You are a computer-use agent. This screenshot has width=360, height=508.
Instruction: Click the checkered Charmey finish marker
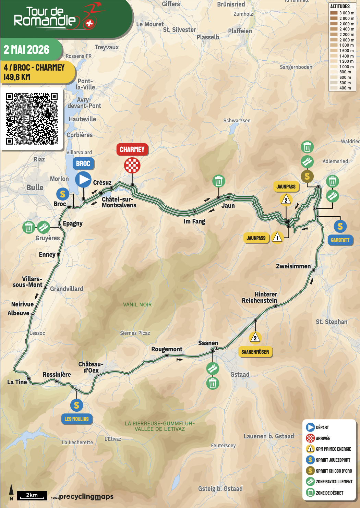coord(132,166)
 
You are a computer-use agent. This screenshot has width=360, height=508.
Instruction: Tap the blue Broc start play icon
coord(83,179)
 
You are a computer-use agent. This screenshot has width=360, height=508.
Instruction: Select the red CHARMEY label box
coord(132,149)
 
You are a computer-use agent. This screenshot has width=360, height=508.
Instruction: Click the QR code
coord(32,119)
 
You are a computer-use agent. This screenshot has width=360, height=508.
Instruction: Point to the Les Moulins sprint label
coord(76,419)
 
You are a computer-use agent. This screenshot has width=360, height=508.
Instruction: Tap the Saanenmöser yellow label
coord(255,352)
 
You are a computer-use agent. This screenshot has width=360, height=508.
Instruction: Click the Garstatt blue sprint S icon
coord(340,226)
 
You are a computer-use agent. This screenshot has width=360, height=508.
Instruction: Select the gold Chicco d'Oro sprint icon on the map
coord(307,176)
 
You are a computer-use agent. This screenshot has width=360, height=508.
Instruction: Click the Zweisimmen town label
coord(293,266)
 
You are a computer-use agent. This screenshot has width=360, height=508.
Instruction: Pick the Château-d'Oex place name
coord(91,367)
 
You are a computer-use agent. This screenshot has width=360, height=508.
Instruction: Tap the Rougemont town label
coord(167,349)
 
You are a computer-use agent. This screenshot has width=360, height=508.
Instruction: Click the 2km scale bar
coord(32,495)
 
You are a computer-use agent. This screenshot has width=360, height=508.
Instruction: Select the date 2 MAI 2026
coord(27,50)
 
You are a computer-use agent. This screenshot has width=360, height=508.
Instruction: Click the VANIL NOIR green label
coord(137,304)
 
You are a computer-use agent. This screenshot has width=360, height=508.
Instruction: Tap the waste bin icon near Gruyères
coord(29,227)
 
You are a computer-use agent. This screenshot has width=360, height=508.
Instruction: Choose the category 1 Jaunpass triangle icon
coord(277,237)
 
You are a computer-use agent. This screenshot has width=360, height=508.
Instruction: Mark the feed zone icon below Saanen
coord(213,368)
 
